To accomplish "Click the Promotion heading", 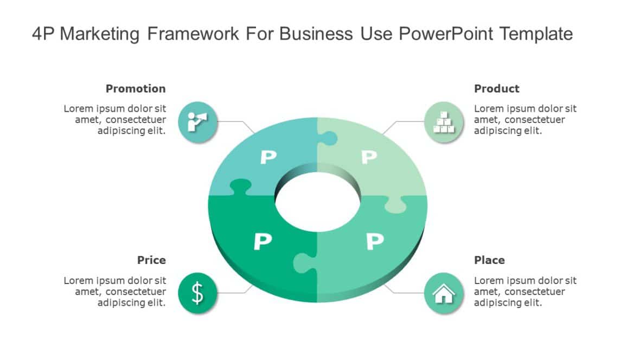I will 136,88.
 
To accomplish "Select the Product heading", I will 496,88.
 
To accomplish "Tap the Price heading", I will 151,260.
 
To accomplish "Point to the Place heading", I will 489,260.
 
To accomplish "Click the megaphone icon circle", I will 197,121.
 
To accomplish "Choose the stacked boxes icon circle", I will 444,121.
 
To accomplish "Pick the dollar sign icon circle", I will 197,293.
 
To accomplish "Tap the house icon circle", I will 444,293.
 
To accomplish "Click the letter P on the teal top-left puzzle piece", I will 268,157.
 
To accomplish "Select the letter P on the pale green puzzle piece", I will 369,157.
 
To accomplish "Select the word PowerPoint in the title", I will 446,34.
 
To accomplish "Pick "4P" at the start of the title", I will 43,34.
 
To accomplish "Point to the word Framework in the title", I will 193,34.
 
